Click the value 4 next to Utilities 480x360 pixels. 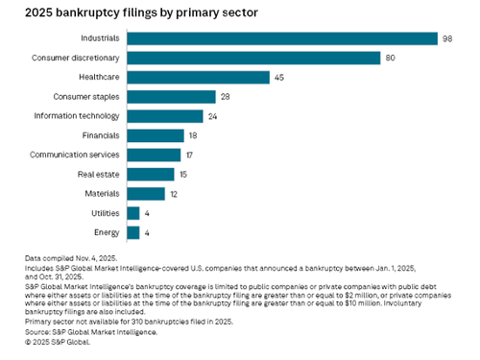click(148, 213)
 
